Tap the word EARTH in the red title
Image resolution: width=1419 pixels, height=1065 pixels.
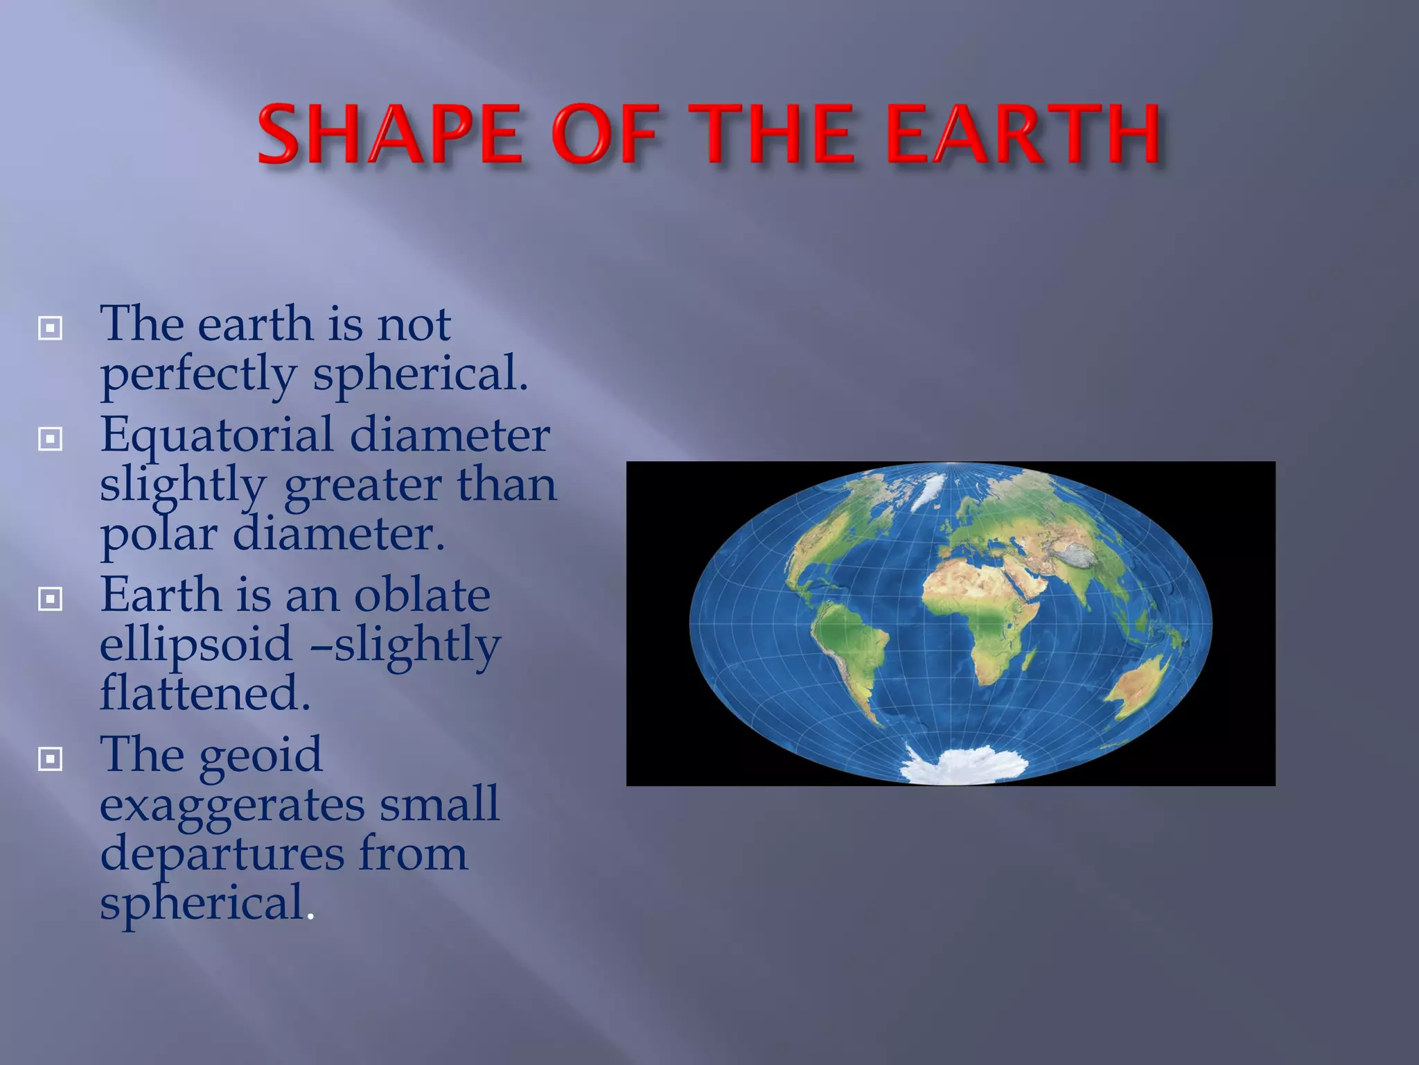1023,134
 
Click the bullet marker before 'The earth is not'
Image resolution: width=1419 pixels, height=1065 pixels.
51,328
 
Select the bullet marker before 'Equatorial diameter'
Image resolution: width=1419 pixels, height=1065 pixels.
51,439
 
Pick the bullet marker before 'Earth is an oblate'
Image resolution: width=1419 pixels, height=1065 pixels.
51,599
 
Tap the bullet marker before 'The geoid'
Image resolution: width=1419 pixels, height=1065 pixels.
51,759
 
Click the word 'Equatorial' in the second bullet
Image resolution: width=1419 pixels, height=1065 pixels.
216,436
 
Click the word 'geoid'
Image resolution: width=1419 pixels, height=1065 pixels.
261,756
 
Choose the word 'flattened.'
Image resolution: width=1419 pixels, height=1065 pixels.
205,694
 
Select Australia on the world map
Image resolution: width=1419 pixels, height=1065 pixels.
1136,686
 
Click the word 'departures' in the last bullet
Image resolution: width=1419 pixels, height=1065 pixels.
222,855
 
